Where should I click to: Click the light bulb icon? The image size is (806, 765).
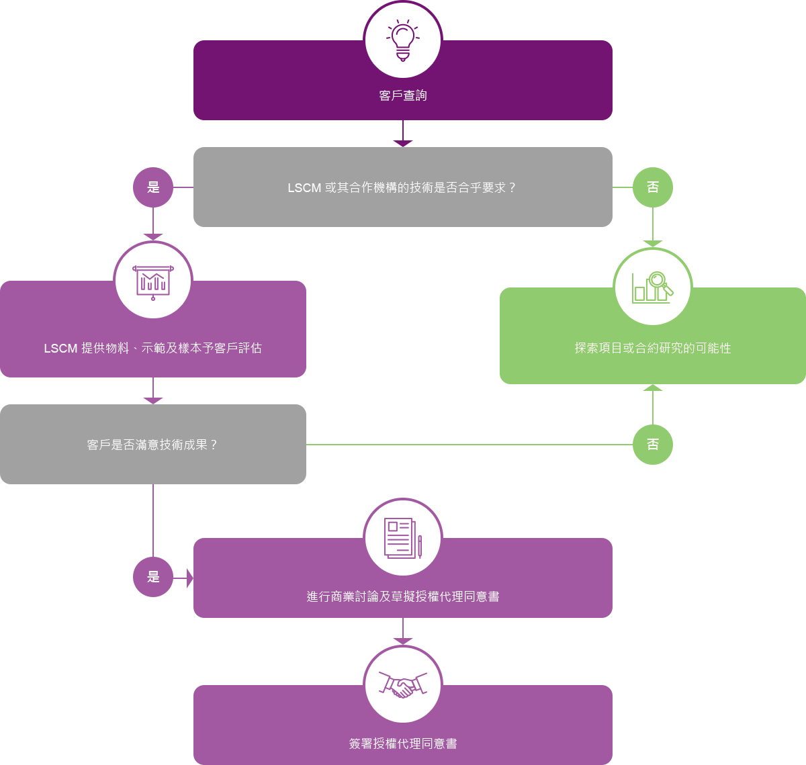pyautogui.click(x=402, y=40)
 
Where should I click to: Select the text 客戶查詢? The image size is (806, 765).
pyautogui.click(x=402, y=95)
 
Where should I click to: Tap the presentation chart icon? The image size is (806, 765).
pyautogui.click(x=153, y=281)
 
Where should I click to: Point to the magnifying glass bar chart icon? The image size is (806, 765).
pyautogui.click(x=652, y=287)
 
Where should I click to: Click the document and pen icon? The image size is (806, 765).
pyautogui.click(x=402, y=538)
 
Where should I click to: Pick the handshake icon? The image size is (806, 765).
pyautogui.click(x=402, y=684)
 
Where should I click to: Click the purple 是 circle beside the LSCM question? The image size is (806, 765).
pyautogui.click(x=153, y=187)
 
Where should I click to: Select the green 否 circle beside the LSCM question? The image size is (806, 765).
pyautogui.click(x=652, y=187)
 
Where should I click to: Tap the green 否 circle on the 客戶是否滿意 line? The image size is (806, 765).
pyautogui.click(x=652, y=444)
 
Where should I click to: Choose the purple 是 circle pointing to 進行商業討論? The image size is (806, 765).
pyautogui.click(x=153, y=576)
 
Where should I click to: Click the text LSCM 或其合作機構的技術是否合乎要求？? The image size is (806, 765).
pyautogui.click(x=402, y=187)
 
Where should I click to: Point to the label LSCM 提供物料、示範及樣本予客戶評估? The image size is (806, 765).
pyautogui.click(x=153, y=348)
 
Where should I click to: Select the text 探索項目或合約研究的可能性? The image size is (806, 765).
pyautogui.click(x=652, y=348)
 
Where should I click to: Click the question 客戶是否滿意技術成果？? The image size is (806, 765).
pyautogui.click(x=153, y=445)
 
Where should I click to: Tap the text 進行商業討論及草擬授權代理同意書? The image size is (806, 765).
pyautogui.click(x=402, y=596)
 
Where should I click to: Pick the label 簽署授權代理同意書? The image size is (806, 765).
pyautogui.click(x=402, y=744)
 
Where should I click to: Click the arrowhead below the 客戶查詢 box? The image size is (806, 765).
pyautogui.click(x=402, y=143)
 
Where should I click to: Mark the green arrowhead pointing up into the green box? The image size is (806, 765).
pyautogui.click(x=652, y=388)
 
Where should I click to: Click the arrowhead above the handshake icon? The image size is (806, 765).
pyautogui.click(x=402, y=641)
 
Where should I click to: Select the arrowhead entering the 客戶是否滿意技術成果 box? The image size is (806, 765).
pyautogui.click(x=153, y=400)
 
